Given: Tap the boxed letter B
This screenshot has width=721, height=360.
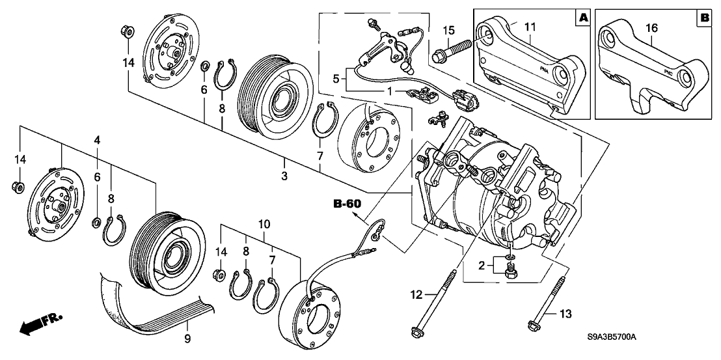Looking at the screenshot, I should (703, 18).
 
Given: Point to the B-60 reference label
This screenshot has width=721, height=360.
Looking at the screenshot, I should (346, 204).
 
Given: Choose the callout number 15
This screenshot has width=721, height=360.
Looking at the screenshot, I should (448, 30).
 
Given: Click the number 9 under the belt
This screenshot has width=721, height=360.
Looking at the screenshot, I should (187, 338).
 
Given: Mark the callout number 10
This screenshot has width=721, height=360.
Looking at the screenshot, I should (265, 225).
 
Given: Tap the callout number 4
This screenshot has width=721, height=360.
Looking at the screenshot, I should (96, 140).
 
